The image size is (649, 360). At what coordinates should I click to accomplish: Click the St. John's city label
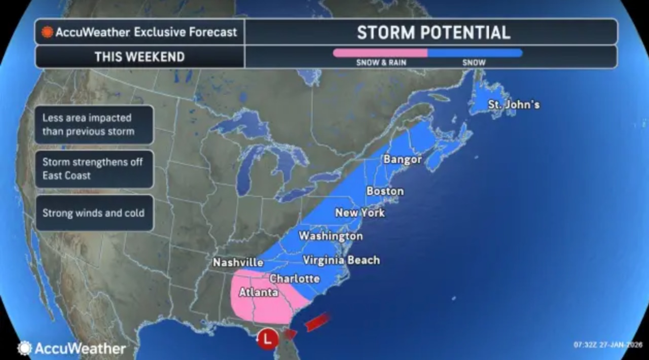tap(514, 105)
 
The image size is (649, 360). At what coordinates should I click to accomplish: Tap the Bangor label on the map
tap(403, 159)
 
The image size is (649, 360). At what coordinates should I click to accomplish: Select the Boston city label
tap(385, 191)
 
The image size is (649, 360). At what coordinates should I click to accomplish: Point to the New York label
tap(359, 213)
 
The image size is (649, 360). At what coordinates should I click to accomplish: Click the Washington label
tap(331, 236)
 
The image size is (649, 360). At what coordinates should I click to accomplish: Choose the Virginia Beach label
tap(341, 260)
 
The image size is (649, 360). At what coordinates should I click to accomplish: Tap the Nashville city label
tap(238, 262)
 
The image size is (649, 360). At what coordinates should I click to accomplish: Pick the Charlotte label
tap(295, 278)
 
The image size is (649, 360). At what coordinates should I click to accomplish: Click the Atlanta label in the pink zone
tap(258, 293)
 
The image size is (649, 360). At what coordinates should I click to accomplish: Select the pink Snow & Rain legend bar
tap(380, 53)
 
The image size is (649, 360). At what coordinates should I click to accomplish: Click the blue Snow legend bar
tap(475, 53)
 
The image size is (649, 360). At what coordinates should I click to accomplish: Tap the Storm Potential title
tap(433, 32)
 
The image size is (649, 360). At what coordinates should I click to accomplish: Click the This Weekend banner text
tap(139, 57)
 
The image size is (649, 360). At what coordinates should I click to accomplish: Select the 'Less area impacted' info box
tap(94, 125)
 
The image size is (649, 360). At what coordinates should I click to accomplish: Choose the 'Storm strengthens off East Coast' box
tap(94, 169)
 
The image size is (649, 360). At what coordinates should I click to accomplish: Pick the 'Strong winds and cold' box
tap(94, 213)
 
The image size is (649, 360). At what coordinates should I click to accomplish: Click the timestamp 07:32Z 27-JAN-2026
tap(606, 345)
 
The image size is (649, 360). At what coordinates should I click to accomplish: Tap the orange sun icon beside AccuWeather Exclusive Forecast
tap(47, 32)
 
